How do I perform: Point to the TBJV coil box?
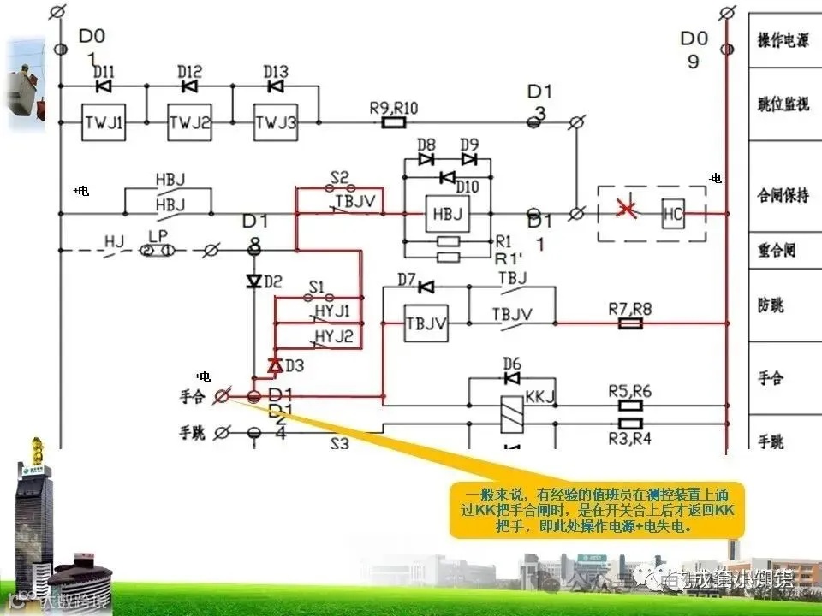(x=426, y=323)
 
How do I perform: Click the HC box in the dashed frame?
(x=673, y=215)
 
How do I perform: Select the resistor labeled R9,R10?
(x=393, y=123)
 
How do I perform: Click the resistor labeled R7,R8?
(x=630, y=323)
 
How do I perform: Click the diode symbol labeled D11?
(x=104, y=86)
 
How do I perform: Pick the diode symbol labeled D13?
(x=276, y=86)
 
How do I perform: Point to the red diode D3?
(x=275, y=365)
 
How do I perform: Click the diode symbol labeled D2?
(x=253, y=281)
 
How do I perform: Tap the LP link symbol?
(x=158, y=250)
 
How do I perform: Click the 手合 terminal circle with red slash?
(x=222, y=395)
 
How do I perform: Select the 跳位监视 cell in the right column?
(x=783, y=104)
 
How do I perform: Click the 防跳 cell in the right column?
(x=771, y=305)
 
